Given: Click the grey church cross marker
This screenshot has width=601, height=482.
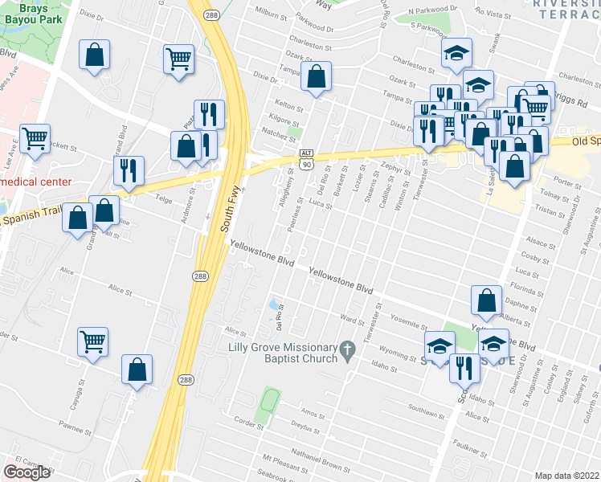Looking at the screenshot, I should (x=347, y=350).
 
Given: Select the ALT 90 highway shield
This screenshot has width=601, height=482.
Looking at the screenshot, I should (x=305, y=158).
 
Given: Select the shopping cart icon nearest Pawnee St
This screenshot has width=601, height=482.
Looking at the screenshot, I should (x=93, y=341).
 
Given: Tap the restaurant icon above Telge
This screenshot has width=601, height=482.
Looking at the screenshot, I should (x=129, y=170).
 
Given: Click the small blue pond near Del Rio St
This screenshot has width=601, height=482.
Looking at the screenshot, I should (x=274, y=304).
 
